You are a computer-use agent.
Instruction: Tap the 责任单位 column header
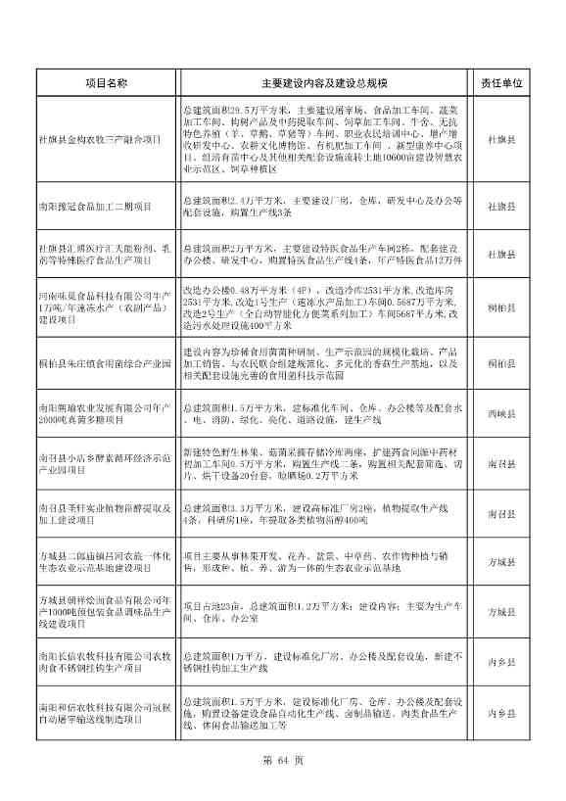[502, 84]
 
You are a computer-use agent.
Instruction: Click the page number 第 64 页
[283, 760]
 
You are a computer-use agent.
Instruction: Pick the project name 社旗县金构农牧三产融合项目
[100, 140]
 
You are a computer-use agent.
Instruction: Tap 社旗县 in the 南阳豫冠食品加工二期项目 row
[502, 207]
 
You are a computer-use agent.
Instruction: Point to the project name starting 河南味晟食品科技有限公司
[106, 307]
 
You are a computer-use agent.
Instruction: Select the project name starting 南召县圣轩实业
[106, 514]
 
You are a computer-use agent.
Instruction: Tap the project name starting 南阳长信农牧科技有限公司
[106, 662]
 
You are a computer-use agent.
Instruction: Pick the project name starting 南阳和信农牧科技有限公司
[106, 713]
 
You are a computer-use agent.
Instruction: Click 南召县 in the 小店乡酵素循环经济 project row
[502, 462]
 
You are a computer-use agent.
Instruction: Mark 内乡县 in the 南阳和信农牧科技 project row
[502, 714]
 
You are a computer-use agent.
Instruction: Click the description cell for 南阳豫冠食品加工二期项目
[323, 207]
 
